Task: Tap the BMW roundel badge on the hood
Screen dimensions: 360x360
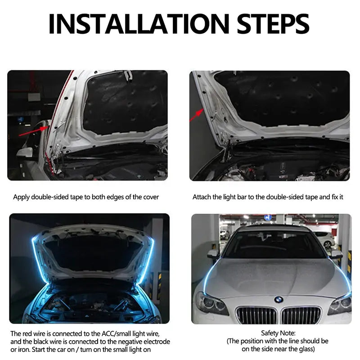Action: [279, 299]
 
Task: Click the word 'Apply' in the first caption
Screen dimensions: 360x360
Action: [21, 197]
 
